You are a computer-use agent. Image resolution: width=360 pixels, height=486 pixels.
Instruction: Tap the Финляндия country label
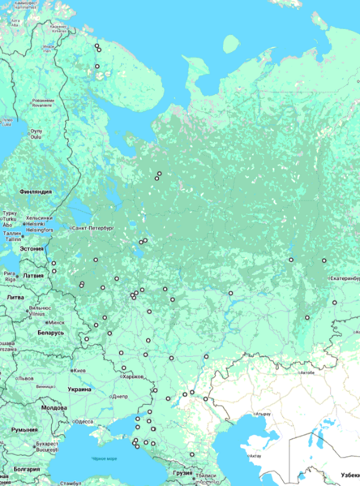coord(35,191)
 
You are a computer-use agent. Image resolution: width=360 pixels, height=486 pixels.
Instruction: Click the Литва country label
coord(15,298)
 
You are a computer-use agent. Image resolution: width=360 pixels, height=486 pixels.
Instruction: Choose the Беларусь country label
coord(50,333)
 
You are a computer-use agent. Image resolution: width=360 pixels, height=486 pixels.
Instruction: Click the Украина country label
coord(79,389)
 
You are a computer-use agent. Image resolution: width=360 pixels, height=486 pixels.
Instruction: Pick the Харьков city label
coord(131,376)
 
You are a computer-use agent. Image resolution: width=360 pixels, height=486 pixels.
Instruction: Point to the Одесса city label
coord(84,421)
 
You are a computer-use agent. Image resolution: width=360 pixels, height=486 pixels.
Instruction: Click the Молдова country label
coord(54,407)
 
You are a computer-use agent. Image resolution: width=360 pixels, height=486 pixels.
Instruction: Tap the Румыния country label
coord(25,429)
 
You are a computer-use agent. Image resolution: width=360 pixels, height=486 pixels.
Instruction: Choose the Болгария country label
coord(27,469)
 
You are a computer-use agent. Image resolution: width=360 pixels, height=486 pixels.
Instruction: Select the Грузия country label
coord(182,472)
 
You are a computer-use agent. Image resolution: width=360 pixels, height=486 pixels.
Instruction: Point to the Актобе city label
coord(306,373)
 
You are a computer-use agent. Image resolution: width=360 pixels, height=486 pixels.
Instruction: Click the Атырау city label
coord(261,414)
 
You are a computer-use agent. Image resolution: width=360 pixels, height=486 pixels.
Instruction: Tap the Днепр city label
coord(118,396)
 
